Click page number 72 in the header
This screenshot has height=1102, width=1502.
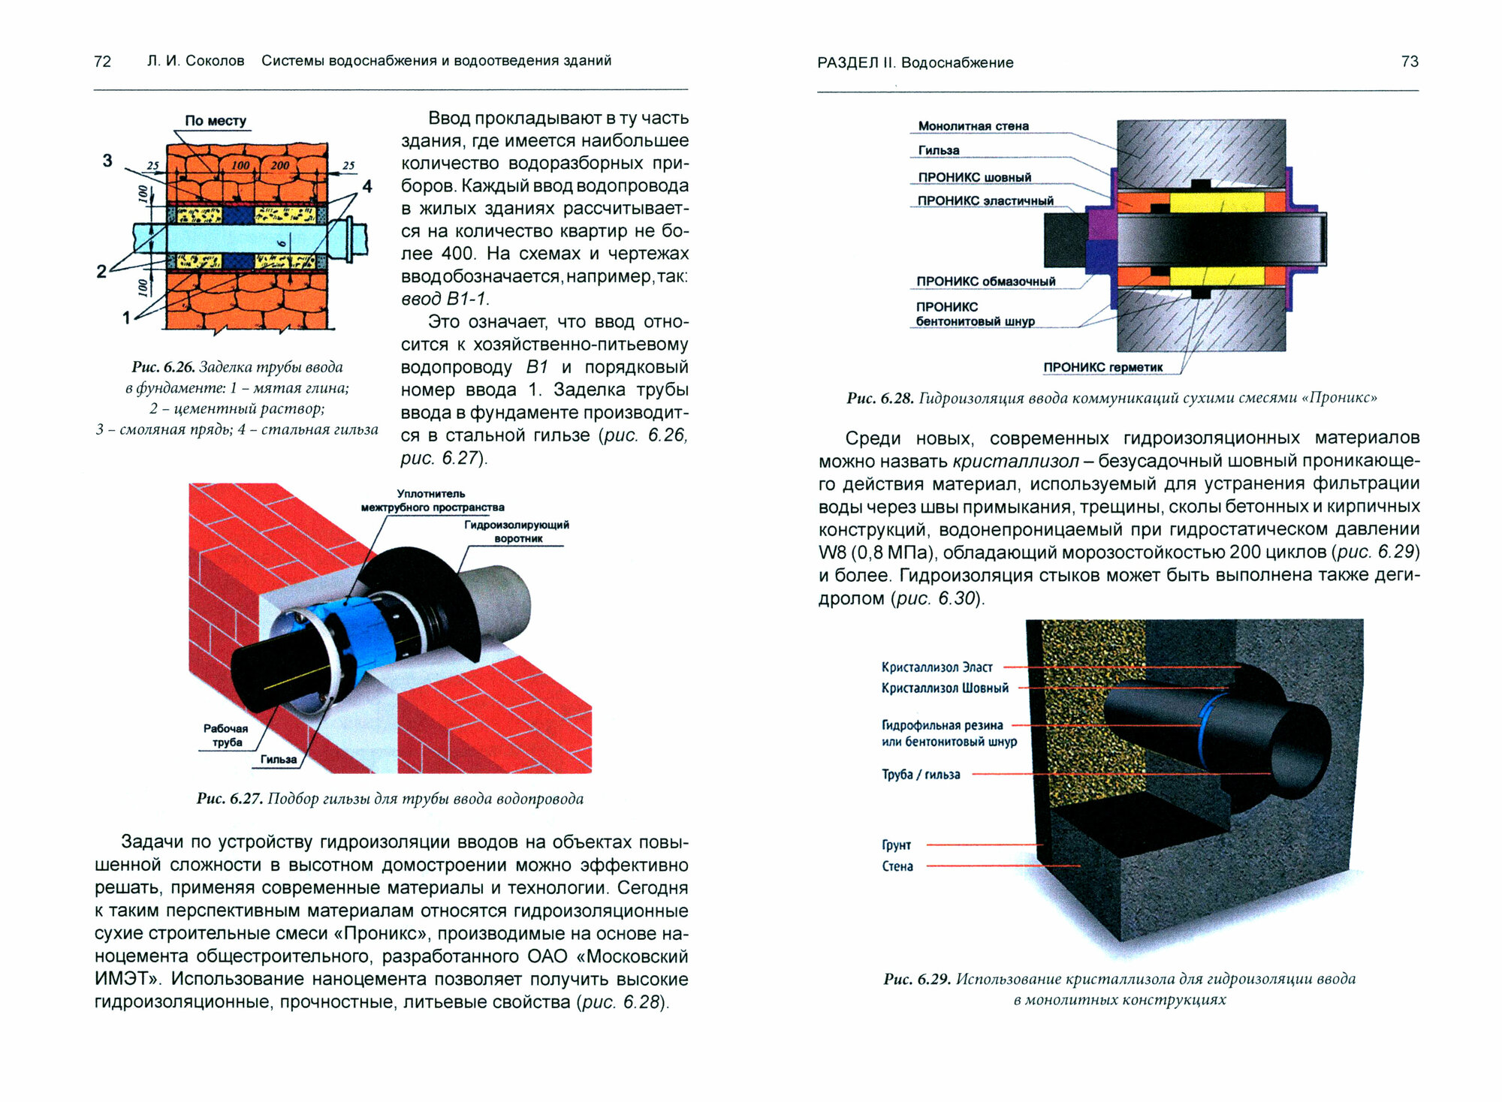click(x=102, y=62)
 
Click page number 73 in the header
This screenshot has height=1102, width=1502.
click(x=1410, y=62)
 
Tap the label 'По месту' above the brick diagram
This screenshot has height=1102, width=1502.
click(x=216, y=121)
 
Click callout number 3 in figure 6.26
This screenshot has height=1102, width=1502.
click(x=107, y=161)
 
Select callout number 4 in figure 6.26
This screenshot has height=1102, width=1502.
click(x=366, y=186)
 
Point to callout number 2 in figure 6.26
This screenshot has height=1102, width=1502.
click(x=101, y=271)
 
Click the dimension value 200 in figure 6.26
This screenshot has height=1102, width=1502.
click(x=279, y=165)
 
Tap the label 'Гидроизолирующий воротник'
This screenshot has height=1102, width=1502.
click(x=517, y=531)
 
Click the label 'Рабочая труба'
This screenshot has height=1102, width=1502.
click(x=225, y=735)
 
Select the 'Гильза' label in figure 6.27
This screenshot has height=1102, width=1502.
click(x=279, y=760)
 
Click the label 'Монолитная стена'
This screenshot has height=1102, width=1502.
click(x=973, y=126)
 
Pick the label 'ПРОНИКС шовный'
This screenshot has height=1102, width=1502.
click(x=974, y=177)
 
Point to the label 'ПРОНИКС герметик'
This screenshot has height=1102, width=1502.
click(x=1102, y=367)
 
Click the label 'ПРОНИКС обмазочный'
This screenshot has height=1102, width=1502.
click(x=985, y=282)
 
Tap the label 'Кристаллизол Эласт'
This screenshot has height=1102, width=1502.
click(x=936, y=667)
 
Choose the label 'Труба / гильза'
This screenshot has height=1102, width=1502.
click(x=921, y=775)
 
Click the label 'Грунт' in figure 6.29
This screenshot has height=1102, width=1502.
click(x=896, y=845)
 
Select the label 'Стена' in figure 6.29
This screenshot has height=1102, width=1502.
click(x=897, y=866)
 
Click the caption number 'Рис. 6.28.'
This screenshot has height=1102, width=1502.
click(x=879, y=398)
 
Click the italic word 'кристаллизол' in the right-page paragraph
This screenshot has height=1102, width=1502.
click(x=1015, y=461)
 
